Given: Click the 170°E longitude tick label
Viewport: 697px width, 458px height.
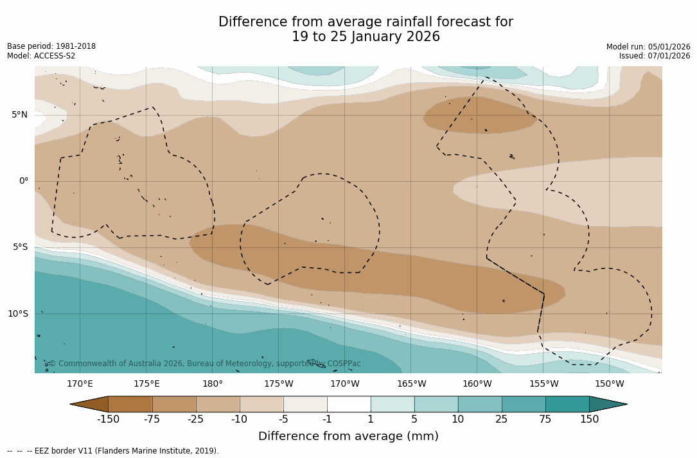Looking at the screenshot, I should [x=80, y=384].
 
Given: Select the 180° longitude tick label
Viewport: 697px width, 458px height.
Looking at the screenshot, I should [x=213, y=384].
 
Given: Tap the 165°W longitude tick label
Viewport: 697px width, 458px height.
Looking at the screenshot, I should [x=411, y=384].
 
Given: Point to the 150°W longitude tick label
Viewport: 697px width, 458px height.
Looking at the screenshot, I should [x=609, y=384].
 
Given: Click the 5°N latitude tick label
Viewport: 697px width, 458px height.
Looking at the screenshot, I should [x=19, y=115].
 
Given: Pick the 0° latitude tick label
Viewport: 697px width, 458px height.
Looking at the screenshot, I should [x=23, y=181].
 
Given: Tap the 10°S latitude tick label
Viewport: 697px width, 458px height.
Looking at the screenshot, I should [x=17, y=314].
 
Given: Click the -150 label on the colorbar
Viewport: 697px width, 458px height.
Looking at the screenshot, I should [x=108, y=419].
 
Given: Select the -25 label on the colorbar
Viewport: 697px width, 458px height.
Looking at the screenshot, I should [x=196, y=419].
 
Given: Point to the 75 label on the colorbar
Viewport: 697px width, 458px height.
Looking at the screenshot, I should [x=545, y=419].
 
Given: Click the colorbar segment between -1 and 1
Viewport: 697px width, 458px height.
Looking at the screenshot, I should [x=349, y=404].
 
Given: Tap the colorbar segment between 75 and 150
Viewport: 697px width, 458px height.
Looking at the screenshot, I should [x=567, y=404].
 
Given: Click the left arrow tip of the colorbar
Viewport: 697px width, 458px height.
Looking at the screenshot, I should [x=72, y=404].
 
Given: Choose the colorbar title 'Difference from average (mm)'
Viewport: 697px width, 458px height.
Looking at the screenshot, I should [x=348, y=437].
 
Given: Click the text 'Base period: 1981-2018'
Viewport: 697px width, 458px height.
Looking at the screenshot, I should [x=51, y=46].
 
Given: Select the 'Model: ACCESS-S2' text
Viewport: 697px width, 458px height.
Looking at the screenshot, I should [x=41, y=56].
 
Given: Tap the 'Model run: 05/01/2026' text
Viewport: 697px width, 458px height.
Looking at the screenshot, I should [x=648, y=47].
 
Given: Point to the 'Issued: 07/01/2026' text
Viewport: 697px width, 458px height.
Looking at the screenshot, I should [x=655, y=56].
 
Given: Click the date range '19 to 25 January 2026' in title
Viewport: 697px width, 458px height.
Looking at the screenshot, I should [x=366, y=37].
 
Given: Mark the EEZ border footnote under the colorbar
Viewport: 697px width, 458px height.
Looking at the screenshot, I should [x=113, y=451].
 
